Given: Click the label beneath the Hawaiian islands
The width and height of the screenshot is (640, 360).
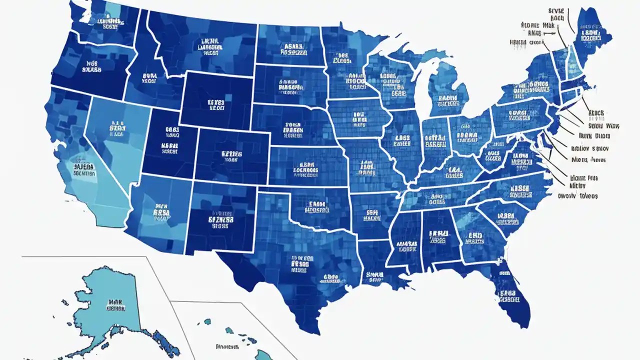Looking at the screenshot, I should [227, 346].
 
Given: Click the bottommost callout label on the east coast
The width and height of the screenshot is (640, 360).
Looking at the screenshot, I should [577, 196].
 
